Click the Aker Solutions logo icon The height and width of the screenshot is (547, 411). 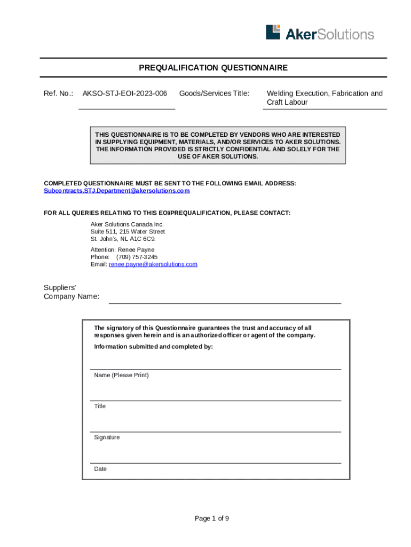(273, 32)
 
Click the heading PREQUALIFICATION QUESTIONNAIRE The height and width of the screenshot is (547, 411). (213, 68)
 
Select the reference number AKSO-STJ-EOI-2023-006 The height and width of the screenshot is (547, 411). (124, 93)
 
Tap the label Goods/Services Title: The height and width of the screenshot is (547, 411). (214, 93)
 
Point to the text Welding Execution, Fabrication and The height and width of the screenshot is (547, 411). (325, 93)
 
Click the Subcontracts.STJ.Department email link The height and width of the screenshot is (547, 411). (116, 191)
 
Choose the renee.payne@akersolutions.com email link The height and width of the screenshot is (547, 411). (153, 264)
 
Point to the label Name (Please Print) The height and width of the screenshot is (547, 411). (121, 375)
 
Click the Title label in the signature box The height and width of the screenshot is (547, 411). (100, 406)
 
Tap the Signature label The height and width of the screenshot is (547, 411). (107, 437)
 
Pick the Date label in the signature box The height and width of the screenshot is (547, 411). (100, 468)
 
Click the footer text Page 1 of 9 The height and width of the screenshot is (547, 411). (212, 518)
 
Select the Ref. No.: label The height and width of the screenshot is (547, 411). (58, 93)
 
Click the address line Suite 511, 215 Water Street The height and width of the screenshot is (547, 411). (128, 232)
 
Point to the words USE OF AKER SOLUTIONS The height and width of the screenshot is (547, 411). (217, 157)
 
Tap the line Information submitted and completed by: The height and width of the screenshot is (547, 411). (153, 347)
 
